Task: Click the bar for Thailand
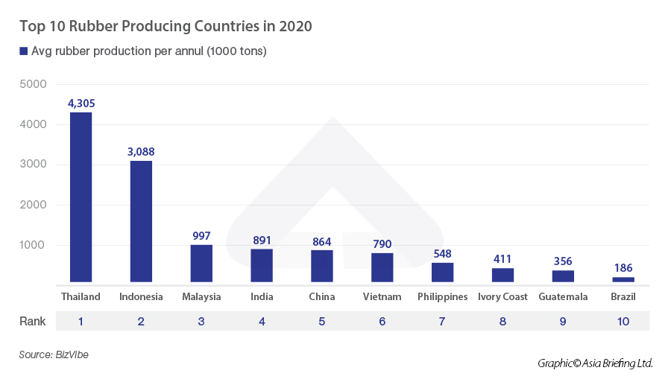pos(81,197)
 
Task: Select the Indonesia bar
pos(141,221)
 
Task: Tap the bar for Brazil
pos(623,279)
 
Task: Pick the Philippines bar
pos(443,272)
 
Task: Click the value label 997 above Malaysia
pos(201,235)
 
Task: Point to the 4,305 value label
pos(81,104)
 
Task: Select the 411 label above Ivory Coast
pos(503,259)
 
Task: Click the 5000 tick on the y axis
pos(33,84)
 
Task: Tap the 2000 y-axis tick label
pos(33,205)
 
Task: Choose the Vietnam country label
pos(382,296)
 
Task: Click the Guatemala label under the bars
pos(563,296)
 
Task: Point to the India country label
pos(262,296)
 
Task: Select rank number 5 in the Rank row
pos(322,322)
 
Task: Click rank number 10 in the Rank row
pos(623,322)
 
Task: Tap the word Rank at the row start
pos(32,322)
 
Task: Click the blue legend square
pos(23,51)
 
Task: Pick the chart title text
pos(166,26)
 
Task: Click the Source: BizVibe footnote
pos(54,355)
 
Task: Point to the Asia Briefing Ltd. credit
pos(595,363)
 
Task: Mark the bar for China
pos(322,266)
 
